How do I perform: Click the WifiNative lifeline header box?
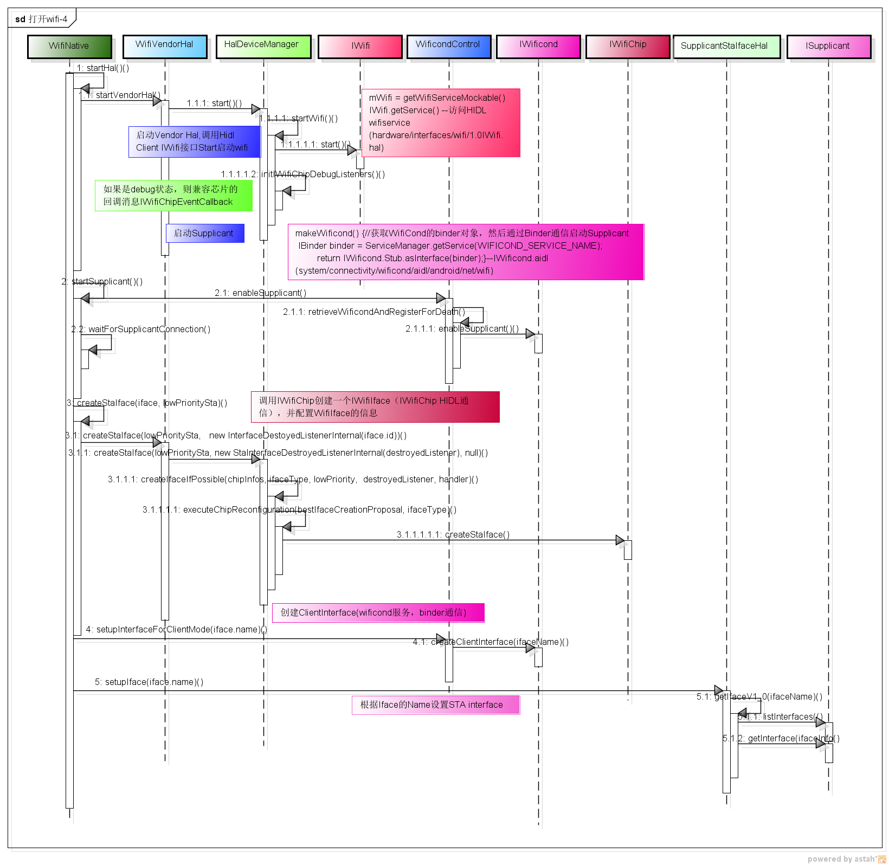point(69,46)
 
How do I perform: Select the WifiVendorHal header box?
point(165,46)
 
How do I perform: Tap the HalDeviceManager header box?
point(263,46)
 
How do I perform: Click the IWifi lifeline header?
point(360,46)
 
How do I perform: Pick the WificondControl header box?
point(448,46)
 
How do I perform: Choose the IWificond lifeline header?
point(538,46)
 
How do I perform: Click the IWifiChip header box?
point(628,46)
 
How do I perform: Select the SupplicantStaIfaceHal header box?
point(726,46)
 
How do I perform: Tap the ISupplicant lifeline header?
point(828,46)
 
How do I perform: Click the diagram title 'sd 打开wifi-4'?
point(42,19)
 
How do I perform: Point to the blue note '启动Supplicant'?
point(204,233)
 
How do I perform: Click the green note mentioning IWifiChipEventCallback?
point(173,196)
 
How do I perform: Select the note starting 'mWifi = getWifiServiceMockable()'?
point(440,123)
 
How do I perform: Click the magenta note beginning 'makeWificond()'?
point(465,252)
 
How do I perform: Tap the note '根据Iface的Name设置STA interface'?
point(435,705)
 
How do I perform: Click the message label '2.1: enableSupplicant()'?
point(260,293)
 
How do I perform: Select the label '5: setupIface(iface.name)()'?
point(149,682)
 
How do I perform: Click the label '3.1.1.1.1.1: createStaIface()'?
point(453,534)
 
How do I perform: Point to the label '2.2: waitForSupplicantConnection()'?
point(141,329)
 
